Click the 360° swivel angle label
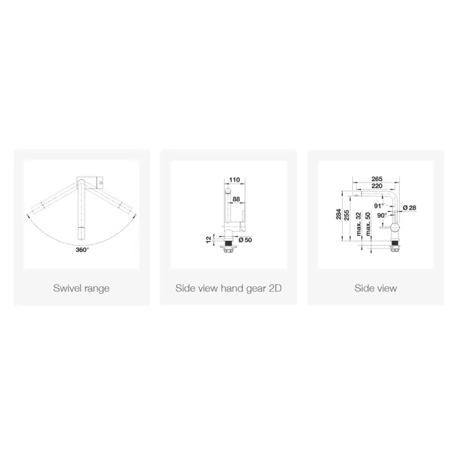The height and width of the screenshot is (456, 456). coord(82,250)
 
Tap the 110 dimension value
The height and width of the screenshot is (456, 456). coord(234,180)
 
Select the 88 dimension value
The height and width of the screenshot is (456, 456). coord(236,199)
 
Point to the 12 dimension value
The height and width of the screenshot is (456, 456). coord(208,239)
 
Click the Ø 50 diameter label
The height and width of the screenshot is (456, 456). coord(245,240)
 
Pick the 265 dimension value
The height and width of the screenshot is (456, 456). coord(377,179)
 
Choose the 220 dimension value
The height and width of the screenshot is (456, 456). coord(377,186)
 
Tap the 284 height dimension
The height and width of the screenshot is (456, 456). coord(338,214)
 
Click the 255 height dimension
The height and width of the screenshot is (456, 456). coord(346,215)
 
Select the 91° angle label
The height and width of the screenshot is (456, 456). coord(379,206)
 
